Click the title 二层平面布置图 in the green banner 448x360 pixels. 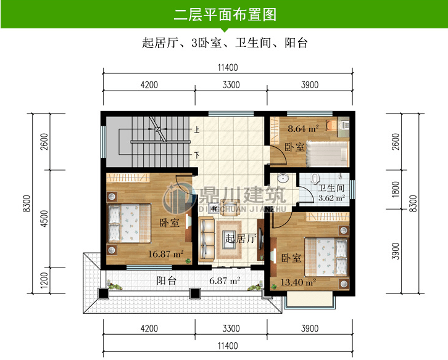point(225,15)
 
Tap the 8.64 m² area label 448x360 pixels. point(303,129)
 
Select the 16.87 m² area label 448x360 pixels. point(166,254)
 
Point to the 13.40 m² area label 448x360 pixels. point(298,282)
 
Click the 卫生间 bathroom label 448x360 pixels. point(331,188)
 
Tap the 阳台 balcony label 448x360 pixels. point(166,280)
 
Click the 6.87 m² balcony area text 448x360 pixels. point(225,280)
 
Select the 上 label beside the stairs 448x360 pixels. point(197,130)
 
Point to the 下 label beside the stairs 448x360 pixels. point(197,155)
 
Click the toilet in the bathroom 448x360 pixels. point(315,178)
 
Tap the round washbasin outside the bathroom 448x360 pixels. point(283,178)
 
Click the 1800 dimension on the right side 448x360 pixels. point(396,189)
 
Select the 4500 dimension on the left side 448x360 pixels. point(44,219)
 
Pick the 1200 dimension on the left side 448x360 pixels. point(44,280)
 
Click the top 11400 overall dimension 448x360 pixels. point(228,68)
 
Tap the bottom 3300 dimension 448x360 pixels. point(231,329)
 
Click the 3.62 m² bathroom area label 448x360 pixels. point(331,198)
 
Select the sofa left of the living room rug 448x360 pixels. point(206,239)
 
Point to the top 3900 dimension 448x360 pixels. point(310,85)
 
